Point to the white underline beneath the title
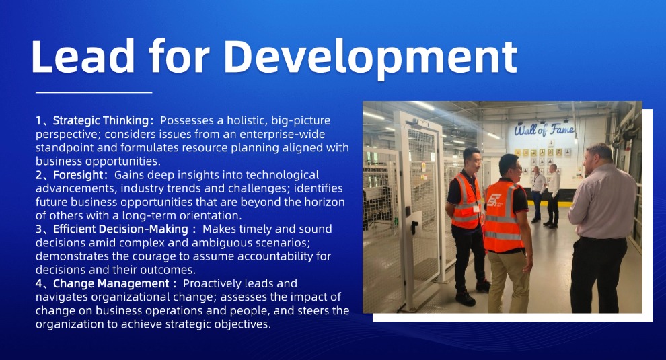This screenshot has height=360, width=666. click(94, 92)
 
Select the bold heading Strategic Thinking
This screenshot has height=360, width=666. click(101, 120)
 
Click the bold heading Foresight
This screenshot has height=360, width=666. click(78, 175)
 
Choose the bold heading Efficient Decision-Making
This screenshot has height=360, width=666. click(120, 229)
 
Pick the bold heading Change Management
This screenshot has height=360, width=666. click(111, 283)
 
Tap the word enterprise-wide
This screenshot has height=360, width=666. click(282, 135)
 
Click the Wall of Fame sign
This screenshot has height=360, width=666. click(544, 129)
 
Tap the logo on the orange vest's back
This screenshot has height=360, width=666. click(494, 200)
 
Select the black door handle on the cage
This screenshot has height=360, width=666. click(414, 227)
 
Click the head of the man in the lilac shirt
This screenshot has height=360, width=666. click(597, 157)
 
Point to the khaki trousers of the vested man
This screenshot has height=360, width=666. click(508, 281)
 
